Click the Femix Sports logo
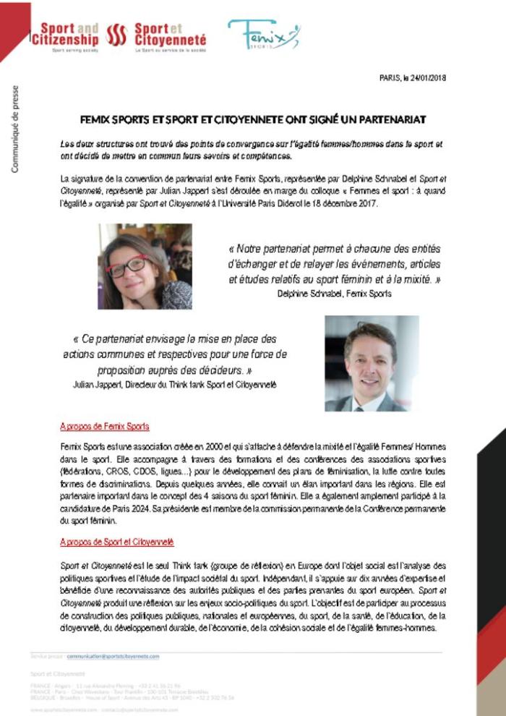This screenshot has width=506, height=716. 263,34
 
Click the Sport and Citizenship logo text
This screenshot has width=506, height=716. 65,35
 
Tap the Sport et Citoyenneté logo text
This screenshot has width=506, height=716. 170,35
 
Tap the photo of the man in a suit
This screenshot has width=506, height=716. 372,363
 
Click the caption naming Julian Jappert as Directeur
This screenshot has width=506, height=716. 175,385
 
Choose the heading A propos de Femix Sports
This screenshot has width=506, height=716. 105,426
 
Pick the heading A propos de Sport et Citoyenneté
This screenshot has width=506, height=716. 117,542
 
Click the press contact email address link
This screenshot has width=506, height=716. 113,656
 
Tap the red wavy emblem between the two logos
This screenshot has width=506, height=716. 116,35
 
